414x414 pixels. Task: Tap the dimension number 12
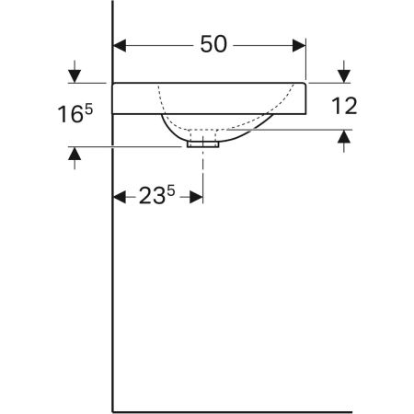click(x=344, y=105)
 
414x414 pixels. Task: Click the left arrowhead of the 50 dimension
click(x=119, y=43)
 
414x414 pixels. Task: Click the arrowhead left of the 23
click(x=118, y=197)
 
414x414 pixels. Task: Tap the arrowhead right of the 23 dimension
click(x=196, y=197)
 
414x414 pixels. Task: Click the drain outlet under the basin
click(x=202, y=142)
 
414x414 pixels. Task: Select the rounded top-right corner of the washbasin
click(x=304, y=86)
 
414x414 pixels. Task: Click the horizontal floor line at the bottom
click(x=230, y=410)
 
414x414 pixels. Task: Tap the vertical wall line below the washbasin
click(x=111, y=276)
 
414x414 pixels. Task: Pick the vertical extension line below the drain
click(x=202, y=175)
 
